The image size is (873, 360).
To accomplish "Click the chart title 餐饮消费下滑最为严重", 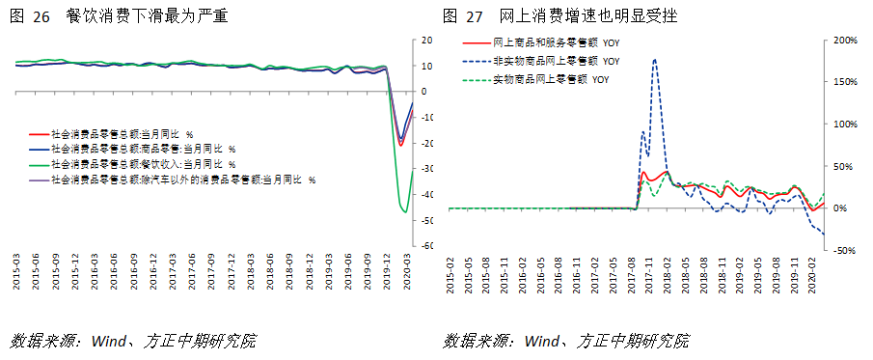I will coord(148,16).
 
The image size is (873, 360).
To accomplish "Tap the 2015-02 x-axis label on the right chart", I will coord(450,272).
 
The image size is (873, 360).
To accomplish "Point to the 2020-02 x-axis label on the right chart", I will coord(811,272).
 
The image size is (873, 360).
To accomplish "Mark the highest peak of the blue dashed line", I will coord(655,59).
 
